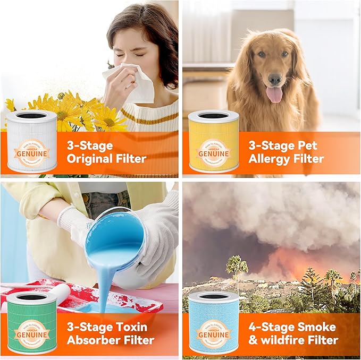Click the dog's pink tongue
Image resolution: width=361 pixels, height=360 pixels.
point(275,94)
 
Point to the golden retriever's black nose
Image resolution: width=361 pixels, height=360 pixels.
point(275,79)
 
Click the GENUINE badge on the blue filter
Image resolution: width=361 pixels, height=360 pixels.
point(214,334)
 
